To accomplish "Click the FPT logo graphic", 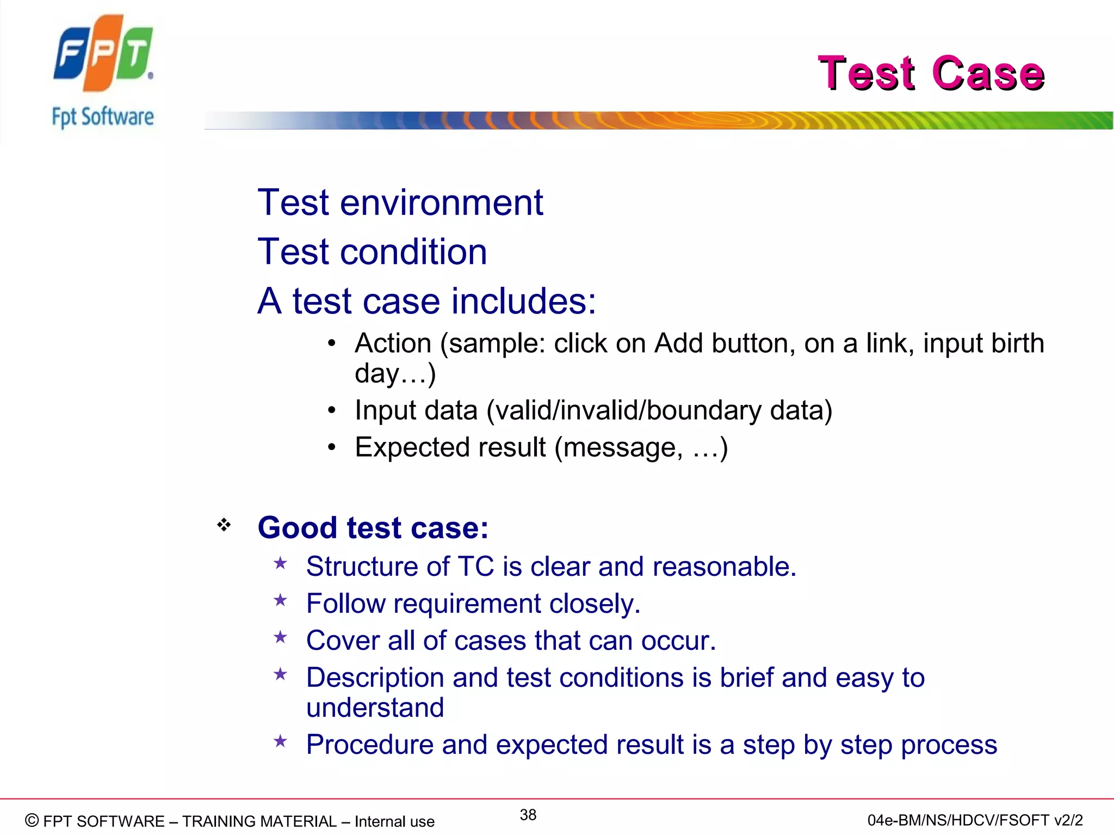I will coord(103,53).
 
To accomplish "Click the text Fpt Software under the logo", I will coord(103,117).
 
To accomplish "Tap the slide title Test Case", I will coord(931,73).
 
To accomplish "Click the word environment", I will coord(441,203).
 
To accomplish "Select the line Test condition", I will coord(372,252).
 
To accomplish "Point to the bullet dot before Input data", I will coord(332,410).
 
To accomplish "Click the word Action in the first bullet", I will coord(393,343).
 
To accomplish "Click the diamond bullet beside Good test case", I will coord(224,525).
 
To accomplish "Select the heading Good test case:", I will coord(373,527).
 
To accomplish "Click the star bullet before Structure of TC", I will coord(280,563).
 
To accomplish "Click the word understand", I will coord(375,708).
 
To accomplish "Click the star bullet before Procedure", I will coord(280,741).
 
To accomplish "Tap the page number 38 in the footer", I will coord(528,815).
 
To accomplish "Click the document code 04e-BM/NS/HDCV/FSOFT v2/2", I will coord(975,820).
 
